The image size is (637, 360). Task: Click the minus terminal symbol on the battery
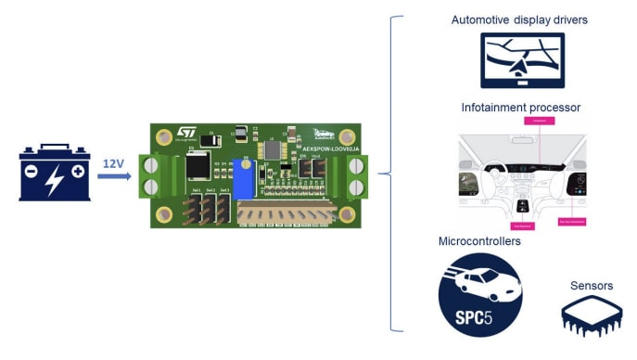pyautogui.click(x=33, y=172)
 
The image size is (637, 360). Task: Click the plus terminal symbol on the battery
pyautogui.click(x=78, y=172)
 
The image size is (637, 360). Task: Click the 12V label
pyautogui.click(x=113, y=163)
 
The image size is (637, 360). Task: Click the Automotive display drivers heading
pyautogui.click(x=518, y=19)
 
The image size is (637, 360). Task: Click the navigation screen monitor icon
pyautogui.click(x=522, y=61)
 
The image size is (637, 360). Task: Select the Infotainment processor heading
pyautogui.click(x=520, y=108)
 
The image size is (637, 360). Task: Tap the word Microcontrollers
pyautogui.click(x=479, y=241)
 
